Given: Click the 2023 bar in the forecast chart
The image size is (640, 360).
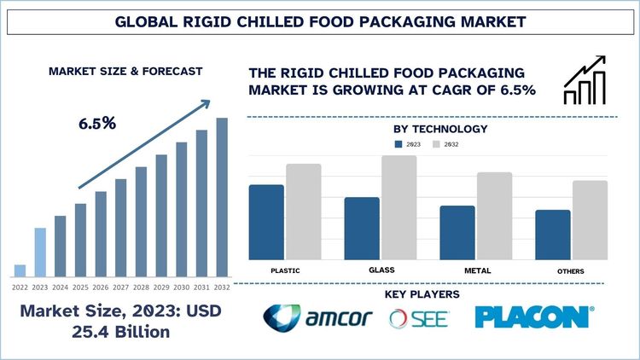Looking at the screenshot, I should [40, 253].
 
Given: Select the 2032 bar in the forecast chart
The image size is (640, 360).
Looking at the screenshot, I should [222, 197].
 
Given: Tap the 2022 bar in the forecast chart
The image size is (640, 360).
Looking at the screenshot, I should [20, 270].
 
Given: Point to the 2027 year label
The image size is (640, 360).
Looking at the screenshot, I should [120, 287].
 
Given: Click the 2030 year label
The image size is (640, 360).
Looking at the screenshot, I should [181, 287].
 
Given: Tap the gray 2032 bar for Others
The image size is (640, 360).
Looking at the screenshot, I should [591, 220].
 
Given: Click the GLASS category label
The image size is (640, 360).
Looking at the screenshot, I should [381, 270].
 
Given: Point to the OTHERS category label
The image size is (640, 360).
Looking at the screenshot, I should [571, 271].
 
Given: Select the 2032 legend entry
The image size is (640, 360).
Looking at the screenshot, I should [447, 145].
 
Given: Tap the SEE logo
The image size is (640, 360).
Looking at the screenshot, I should [418, 318].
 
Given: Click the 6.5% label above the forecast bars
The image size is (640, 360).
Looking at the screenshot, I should [97, 123].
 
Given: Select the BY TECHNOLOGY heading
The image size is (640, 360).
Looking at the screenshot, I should [440, 129].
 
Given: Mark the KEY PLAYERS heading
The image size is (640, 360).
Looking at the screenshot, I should [422, 294].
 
